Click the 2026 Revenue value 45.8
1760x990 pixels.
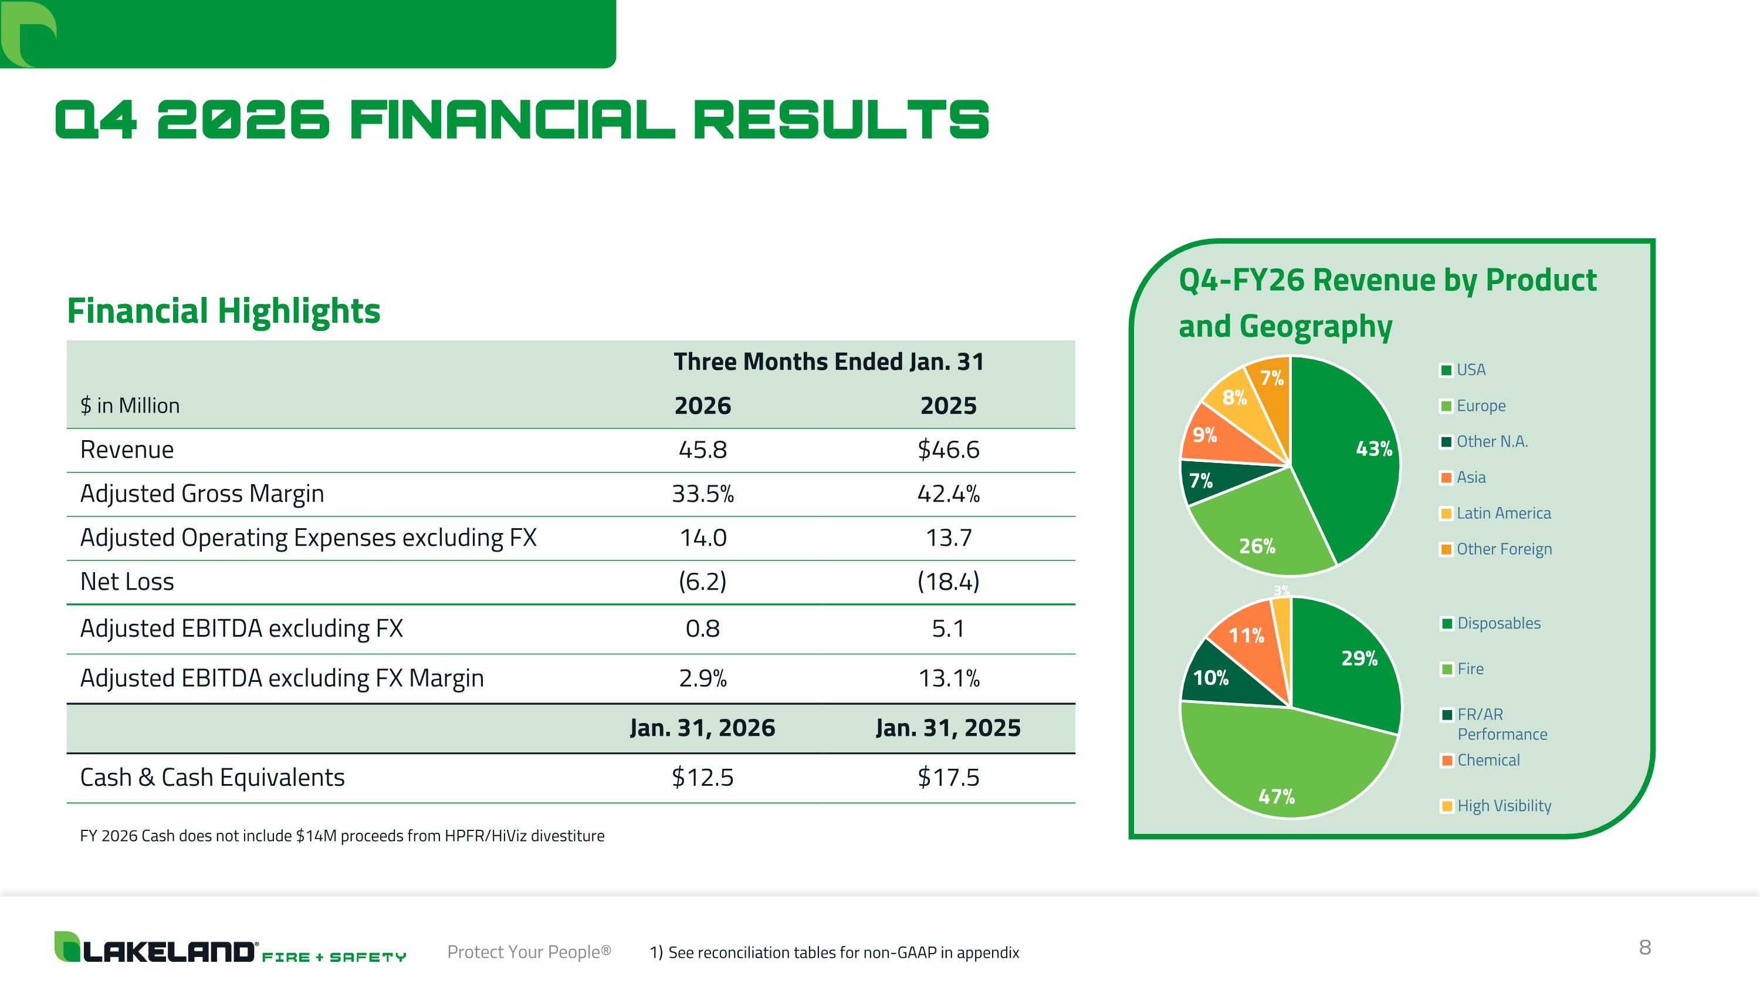(702, 450)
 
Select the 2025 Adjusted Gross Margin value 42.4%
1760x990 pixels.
(948, 494)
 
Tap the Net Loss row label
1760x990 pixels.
(127, 582)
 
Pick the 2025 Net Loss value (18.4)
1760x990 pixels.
(948, 582)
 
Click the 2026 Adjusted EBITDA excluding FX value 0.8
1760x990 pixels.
(702, 628)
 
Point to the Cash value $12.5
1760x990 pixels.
(702, 777)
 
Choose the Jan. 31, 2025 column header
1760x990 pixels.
(948, 728)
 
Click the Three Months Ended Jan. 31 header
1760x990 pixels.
(829, 361)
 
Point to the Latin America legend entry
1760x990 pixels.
(1503, 513)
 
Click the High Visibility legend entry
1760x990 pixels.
(1504, 806)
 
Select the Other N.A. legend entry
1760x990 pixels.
(1491, 441)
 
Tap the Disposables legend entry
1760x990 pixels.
(1498, 623)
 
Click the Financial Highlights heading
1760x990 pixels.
(224, 311)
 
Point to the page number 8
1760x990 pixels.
(1645, 947)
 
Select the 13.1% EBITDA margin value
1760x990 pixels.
(948, 678)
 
